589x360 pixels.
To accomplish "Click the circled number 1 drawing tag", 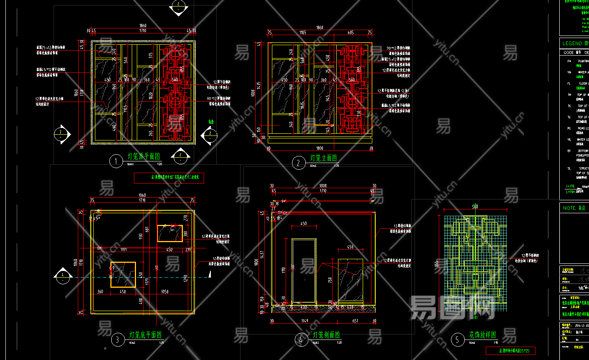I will [x=116, y=161].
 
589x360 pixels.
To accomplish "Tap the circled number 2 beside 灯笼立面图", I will [x=298, y=163].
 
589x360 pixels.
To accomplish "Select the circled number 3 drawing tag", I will [x=118, y=340].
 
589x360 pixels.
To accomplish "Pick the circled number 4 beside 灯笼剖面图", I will [x=301, y=340].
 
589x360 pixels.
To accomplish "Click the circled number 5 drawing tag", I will [x=457, y=340].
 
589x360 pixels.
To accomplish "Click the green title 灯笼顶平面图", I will [x=144, y=157].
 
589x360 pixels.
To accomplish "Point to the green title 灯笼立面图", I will [x=323, y=158].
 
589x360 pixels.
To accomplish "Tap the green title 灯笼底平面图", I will [x=146, y=335].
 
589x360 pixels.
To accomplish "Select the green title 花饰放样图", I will [x=482, y=335].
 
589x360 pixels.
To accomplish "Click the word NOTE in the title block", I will [x=569, y=208].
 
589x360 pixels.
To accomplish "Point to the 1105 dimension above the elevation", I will [x=302, y=33].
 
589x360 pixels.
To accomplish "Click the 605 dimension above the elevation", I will [x=351, y=33].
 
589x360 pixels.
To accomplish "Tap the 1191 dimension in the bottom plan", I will [x=123, y=250].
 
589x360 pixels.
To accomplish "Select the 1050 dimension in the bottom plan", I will [x=165, y=291].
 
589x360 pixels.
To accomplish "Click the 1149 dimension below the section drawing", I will [x=305, y=321].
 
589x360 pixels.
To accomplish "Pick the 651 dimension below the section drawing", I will [x=355, y=321].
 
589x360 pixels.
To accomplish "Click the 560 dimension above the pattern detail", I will [x=475, y=207].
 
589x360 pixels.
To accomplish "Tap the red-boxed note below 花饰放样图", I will [x=510, y=350].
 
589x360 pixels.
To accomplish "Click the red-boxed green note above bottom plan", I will [x=175, y=177].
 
